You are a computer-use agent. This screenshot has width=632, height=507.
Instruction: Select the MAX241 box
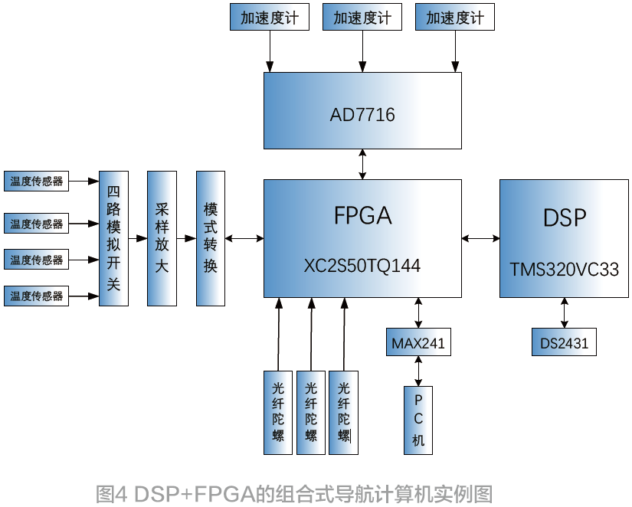point(418,342)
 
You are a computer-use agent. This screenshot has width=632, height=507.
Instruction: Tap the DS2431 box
point(564,342)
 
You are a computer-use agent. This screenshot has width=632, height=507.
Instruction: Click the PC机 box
point(418,420)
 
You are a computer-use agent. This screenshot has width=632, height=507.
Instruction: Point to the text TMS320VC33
point(565,270)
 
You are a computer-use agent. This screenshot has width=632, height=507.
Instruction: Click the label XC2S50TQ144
point(362,266)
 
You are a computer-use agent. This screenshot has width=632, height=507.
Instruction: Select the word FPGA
point(362,216)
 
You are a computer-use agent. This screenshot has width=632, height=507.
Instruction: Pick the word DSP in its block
point(565,218)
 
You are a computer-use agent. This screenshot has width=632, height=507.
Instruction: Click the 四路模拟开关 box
point(113,238)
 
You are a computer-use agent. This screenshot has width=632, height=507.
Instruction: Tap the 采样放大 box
point(162,238)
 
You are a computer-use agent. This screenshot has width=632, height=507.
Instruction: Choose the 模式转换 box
point(211,238)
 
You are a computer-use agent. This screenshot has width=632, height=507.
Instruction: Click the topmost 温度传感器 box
point(36,182)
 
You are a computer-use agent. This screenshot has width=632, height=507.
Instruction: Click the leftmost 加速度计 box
point(270,18)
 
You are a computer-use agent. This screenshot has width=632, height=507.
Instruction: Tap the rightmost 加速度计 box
point(455,18)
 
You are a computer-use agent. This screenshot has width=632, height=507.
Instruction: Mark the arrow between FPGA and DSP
point(481,239)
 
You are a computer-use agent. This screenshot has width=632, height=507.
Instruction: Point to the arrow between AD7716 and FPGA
point(362,164)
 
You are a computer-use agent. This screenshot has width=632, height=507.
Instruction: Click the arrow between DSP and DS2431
point(565,312)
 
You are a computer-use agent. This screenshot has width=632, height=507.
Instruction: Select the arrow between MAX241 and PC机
point(418,371)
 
